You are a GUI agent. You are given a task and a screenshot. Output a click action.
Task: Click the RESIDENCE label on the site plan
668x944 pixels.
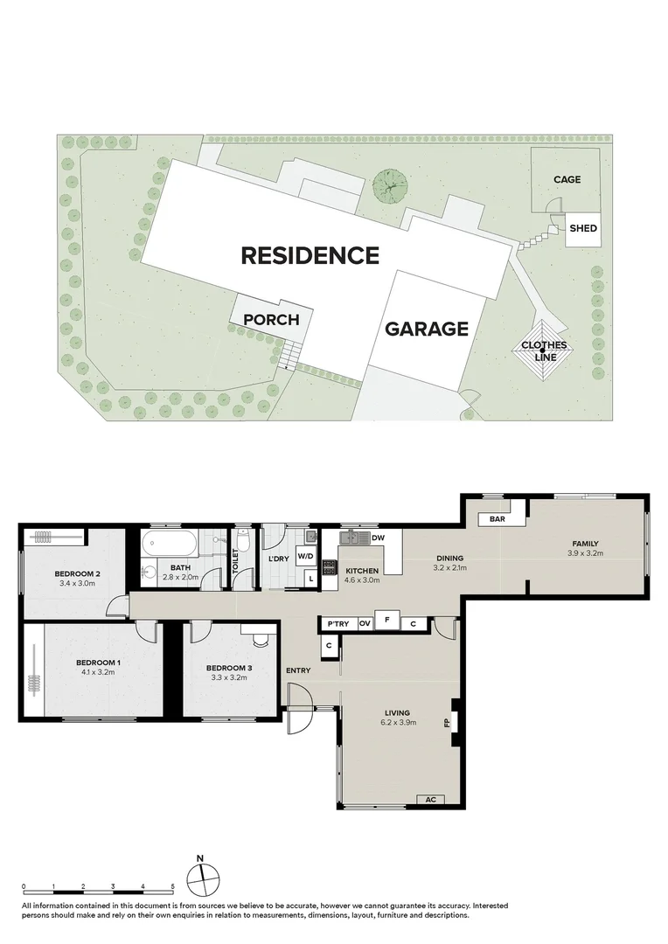point(310,255)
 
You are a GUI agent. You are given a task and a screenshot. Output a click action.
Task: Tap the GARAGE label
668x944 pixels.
point(427,329)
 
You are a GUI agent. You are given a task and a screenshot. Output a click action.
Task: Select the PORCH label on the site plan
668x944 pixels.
point(271,320)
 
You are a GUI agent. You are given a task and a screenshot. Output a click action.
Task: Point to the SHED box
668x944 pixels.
point(582,229)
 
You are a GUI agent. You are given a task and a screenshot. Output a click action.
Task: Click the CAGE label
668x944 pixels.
point(567,180)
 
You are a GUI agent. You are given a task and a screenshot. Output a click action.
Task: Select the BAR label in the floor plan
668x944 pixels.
point(498,519)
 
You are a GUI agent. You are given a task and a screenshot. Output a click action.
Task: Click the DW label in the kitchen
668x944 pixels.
point(379,538)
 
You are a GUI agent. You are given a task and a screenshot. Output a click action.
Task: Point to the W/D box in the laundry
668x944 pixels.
point(306,556)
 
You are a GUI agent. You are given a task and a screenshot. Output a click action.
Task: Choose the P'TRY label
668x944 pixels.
point(336,623)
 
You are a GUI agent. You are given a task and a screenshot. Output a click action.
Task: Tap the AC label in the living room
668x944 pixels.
point(429,799)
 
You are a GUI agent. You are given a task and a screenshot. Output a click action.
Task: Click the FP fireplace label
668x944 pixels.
point(447,723)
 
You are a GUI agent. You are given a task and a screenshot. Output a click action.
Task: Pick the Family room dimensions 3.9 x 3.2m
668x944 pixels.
point(586,553)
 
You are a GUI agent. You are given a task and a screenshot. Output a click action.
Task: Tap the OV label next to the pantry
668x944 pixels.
point(365,623)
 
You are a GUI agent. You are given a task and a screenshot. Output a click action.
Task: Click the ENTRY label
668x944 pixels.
point(298,670)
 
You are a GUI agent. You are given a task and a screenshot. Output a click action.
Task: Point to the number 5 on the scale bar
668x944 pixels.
point(174,886)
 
